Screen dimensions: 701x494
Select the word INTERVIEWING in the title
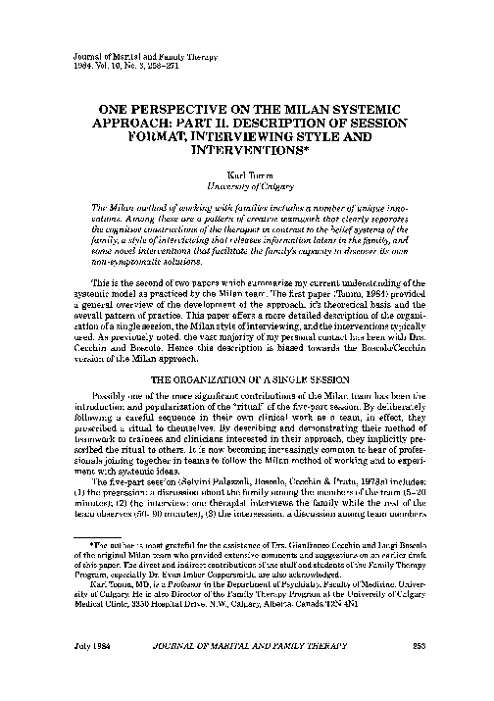pyautogui.click(x=251, y=136)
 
